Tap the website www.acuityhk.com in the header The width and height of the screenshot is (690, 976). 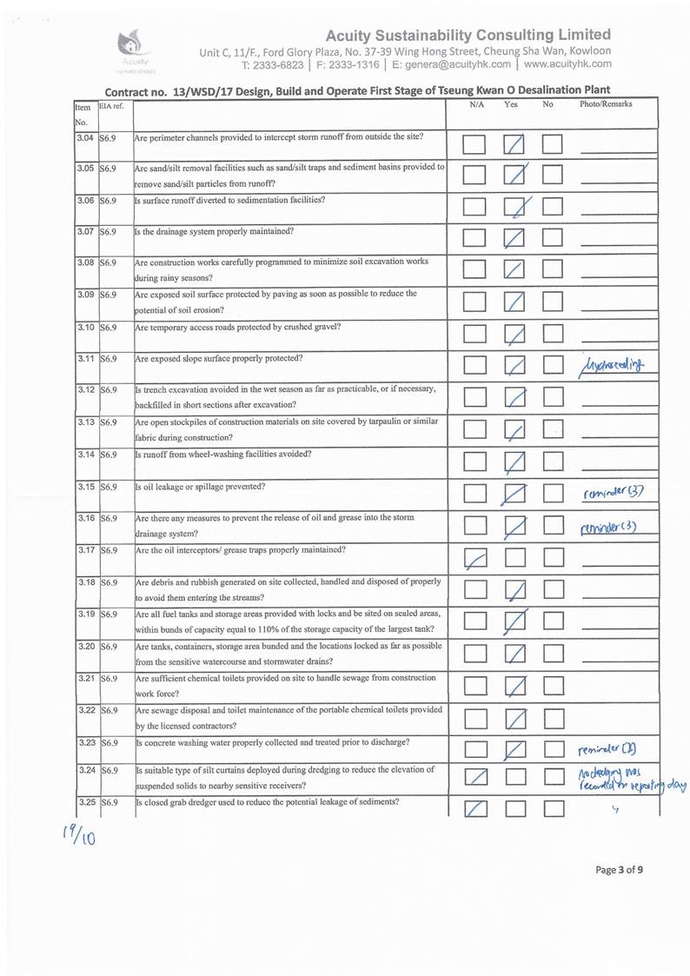click(568, 63)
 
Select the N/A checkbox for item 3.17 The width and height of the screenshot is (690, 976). click(474, 559)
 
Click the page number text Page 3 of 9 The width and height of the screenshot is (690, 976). click(620, 868)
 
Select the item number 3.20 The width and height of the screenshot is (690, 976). click(85, 647)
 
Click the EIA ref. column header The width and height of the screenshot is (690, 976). click(111, 106)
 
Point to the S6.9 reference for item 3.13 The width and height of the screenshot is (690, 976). click(109, 422)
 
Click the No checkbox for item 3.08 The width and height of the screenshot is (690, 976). click(554, 270)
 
